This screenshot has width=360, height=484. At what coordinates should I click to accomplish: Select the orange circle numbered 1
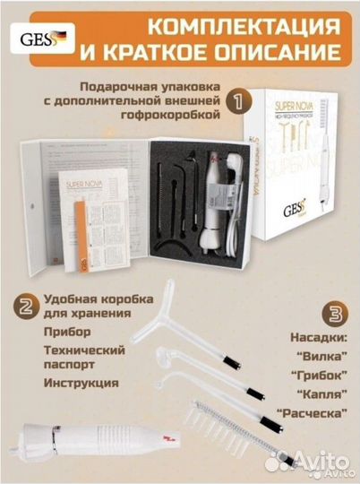click(236, 101)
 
